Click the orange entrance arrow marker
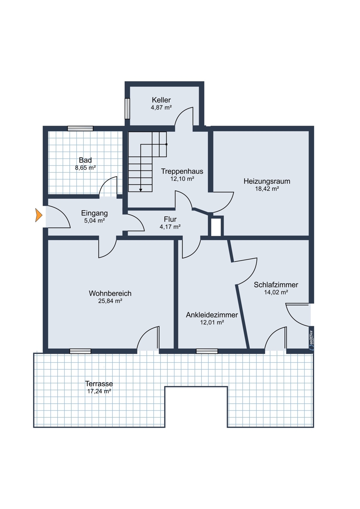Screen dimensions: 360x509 coord(39,215)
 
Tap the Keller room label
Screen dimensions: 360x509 coord(161,100)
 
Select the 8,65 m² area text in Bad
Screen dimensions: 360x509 coord(85,168)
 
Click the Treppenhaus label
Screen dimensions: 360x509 coord(182,171)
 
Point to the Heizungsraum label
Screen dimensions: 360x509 coord(267,181)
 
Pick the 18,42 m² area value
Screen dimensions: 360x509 coord(267,189)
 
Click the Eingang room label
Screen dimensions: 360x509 coord(95,213)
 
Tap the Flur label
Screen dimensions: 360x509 coord(170,219)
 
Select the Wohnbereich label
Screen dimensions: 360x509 coord(110,293)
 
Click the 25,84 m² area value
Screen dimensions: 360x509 coord(110,301)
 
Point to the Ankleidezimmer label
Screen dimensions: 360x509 coord(212,315)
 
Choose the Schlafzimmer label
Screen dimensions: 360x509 coord(276,285)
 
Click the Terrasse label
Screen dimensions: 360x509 coord(99,384)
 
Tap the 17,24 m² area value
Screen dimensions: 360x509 coord(99,391)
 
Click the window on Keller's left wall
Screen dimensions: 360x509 coord(127,108)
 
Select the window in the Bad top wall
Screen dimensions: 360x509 coord(80,129)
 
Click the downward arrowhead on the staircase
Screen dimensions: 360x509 coord(141,190)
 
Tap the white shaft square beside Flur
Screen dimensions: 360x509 coord(216,227)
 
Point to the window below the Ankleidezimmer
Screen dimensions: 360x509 coord(207,351)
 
